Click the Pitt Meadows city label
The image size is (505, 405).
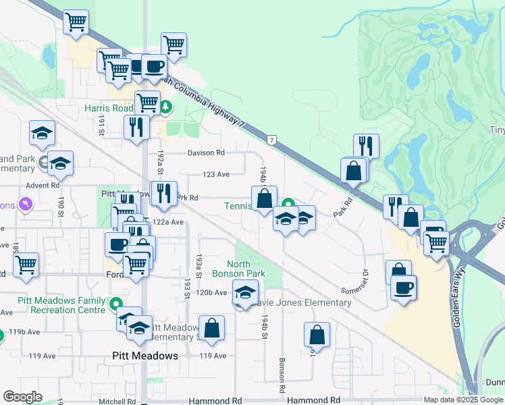pyautogui.click(x=145, y=356)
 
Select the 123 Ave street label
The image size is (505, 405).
pyautogui.click(x=217, y=174)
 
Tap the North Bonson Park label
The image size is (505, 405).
pyautogui.click(x=238, y=269)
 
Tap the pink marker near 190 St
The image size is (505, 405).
pyautogui.click(x=26, y=203)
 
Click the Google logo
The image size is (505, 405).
pyautogui.click(x=22, y=396)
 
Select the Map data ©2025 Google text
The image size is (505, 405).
pyautogui.click(x=462, y=400)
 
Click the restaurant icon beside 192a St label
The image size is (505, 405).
pyautogui.click(x=137, y=126)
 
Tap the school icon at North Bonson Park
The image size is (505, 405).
pyautogui.click(x=245, y=292)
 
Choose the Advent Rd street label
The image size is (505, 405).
pyautogui.click(x=43, y=184)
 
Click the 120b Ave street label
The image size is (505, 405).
pyautogui.click(x=212, y=293)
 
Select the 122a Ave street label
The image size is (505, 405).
pyautogui.click(x=168, y=222)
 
